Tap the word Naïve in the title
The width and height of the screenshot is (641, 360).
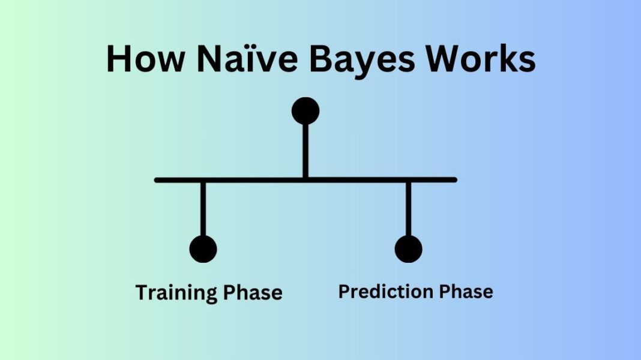pos(244,59)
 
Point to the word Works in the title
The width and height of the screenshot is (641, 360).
pos(480,59)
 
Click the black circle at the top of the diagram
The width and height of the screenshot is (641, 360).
pos(305,111)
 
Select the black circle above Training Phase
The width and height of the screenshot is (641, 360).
pos(203,248)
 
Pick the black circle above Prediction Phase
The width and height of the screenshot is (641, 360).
pos(408,248)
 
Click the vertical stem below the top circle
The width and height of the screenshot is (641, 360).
pos(305,150)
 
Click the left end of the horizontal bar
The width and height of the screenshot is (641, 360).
pos(158,179)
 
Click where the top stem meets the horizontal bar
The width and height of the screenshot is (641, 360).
pos(305,179)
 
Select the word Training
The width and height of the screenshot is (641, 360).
pos(176,293)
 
